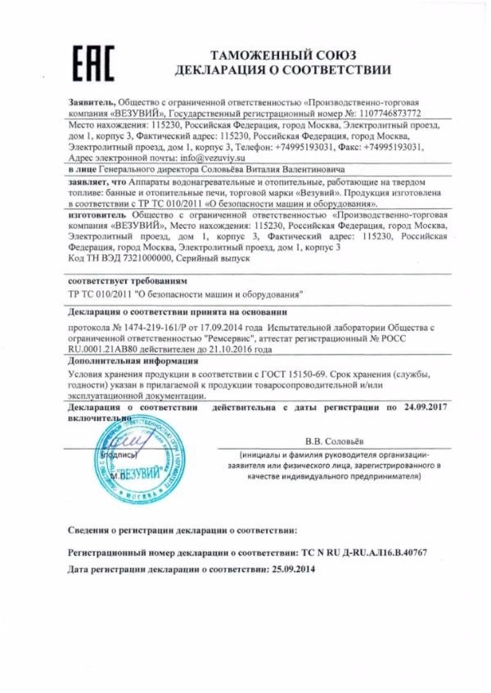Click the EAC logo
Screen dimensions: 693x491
click(x=92, y=63)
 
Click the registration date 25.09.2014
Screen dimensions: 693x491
click(x=291, y=568)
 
